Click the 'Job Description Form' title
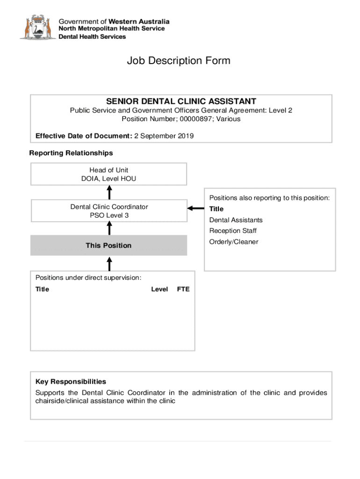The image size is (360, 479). click(179, 61)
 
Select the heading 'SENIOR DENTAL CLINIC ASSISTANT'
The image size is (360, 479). click(181, 102)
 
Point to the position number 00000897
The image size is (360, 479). click(201, 119)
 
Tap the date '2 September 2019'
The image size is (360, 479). click(164, 136)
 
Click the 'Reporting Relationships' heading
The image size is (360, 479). click(71, 153)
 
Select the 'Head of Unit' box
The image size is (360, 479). click(108, 174)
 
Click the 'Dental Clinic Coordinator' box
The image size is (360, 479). click(108, 210)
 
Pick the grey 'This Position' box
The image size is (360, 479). click(108, 246)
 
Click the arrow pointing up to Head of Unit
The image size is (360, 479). click(109, 192)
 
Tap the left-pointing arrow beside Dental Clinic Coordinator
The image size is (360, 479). click(195, 209)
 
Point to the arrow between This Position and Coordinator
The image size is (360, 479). click(109, 228)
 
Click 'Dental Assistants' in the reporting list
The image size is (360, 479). click(236, 220)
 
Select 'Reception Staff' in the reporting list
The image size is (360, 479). click(233, 231)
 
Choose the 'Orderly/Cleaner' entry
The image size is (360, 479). click(234, 242)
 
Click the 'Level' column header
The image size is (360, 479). click(159, 289)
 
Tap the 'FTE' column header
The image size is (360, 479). click(183, 289)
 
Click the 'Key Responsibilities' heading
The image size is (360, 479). click(71, 382)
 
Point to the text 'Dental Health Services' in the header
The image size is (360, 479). click(92, 36)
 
